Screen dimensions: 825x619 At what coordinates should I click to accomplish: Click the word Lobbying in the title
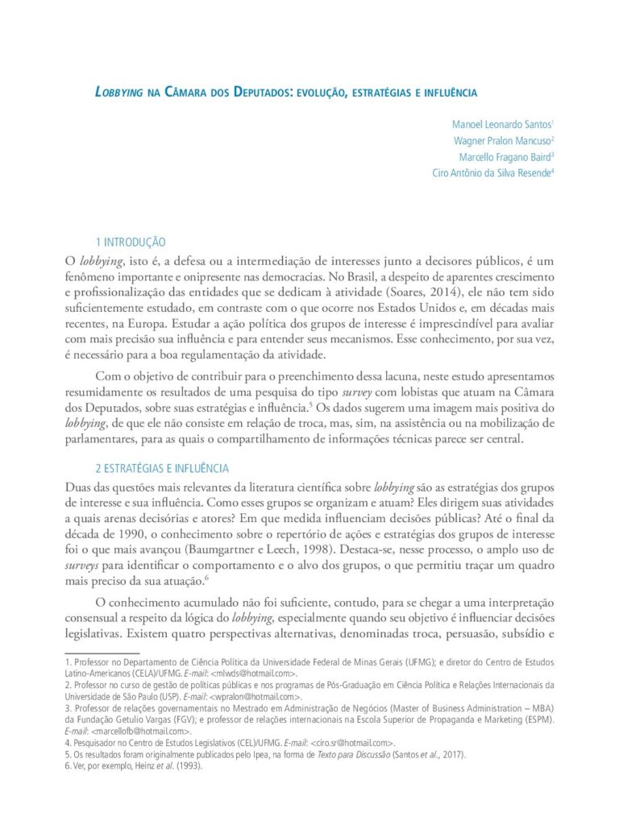pos(120,93)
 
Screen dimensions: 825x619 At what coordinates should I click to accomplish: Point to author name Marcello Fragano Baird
pos(502,156)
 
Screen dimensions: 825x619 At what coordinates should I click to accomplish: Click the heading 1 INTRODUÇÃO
pos(131,242)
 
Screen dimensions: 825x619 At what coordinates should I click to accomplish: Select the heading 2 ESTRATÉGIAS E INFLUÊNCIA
pos(162,468)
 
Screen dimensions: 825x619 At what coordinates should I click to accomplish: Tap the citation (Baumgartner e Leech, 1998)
pos(251,550)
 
